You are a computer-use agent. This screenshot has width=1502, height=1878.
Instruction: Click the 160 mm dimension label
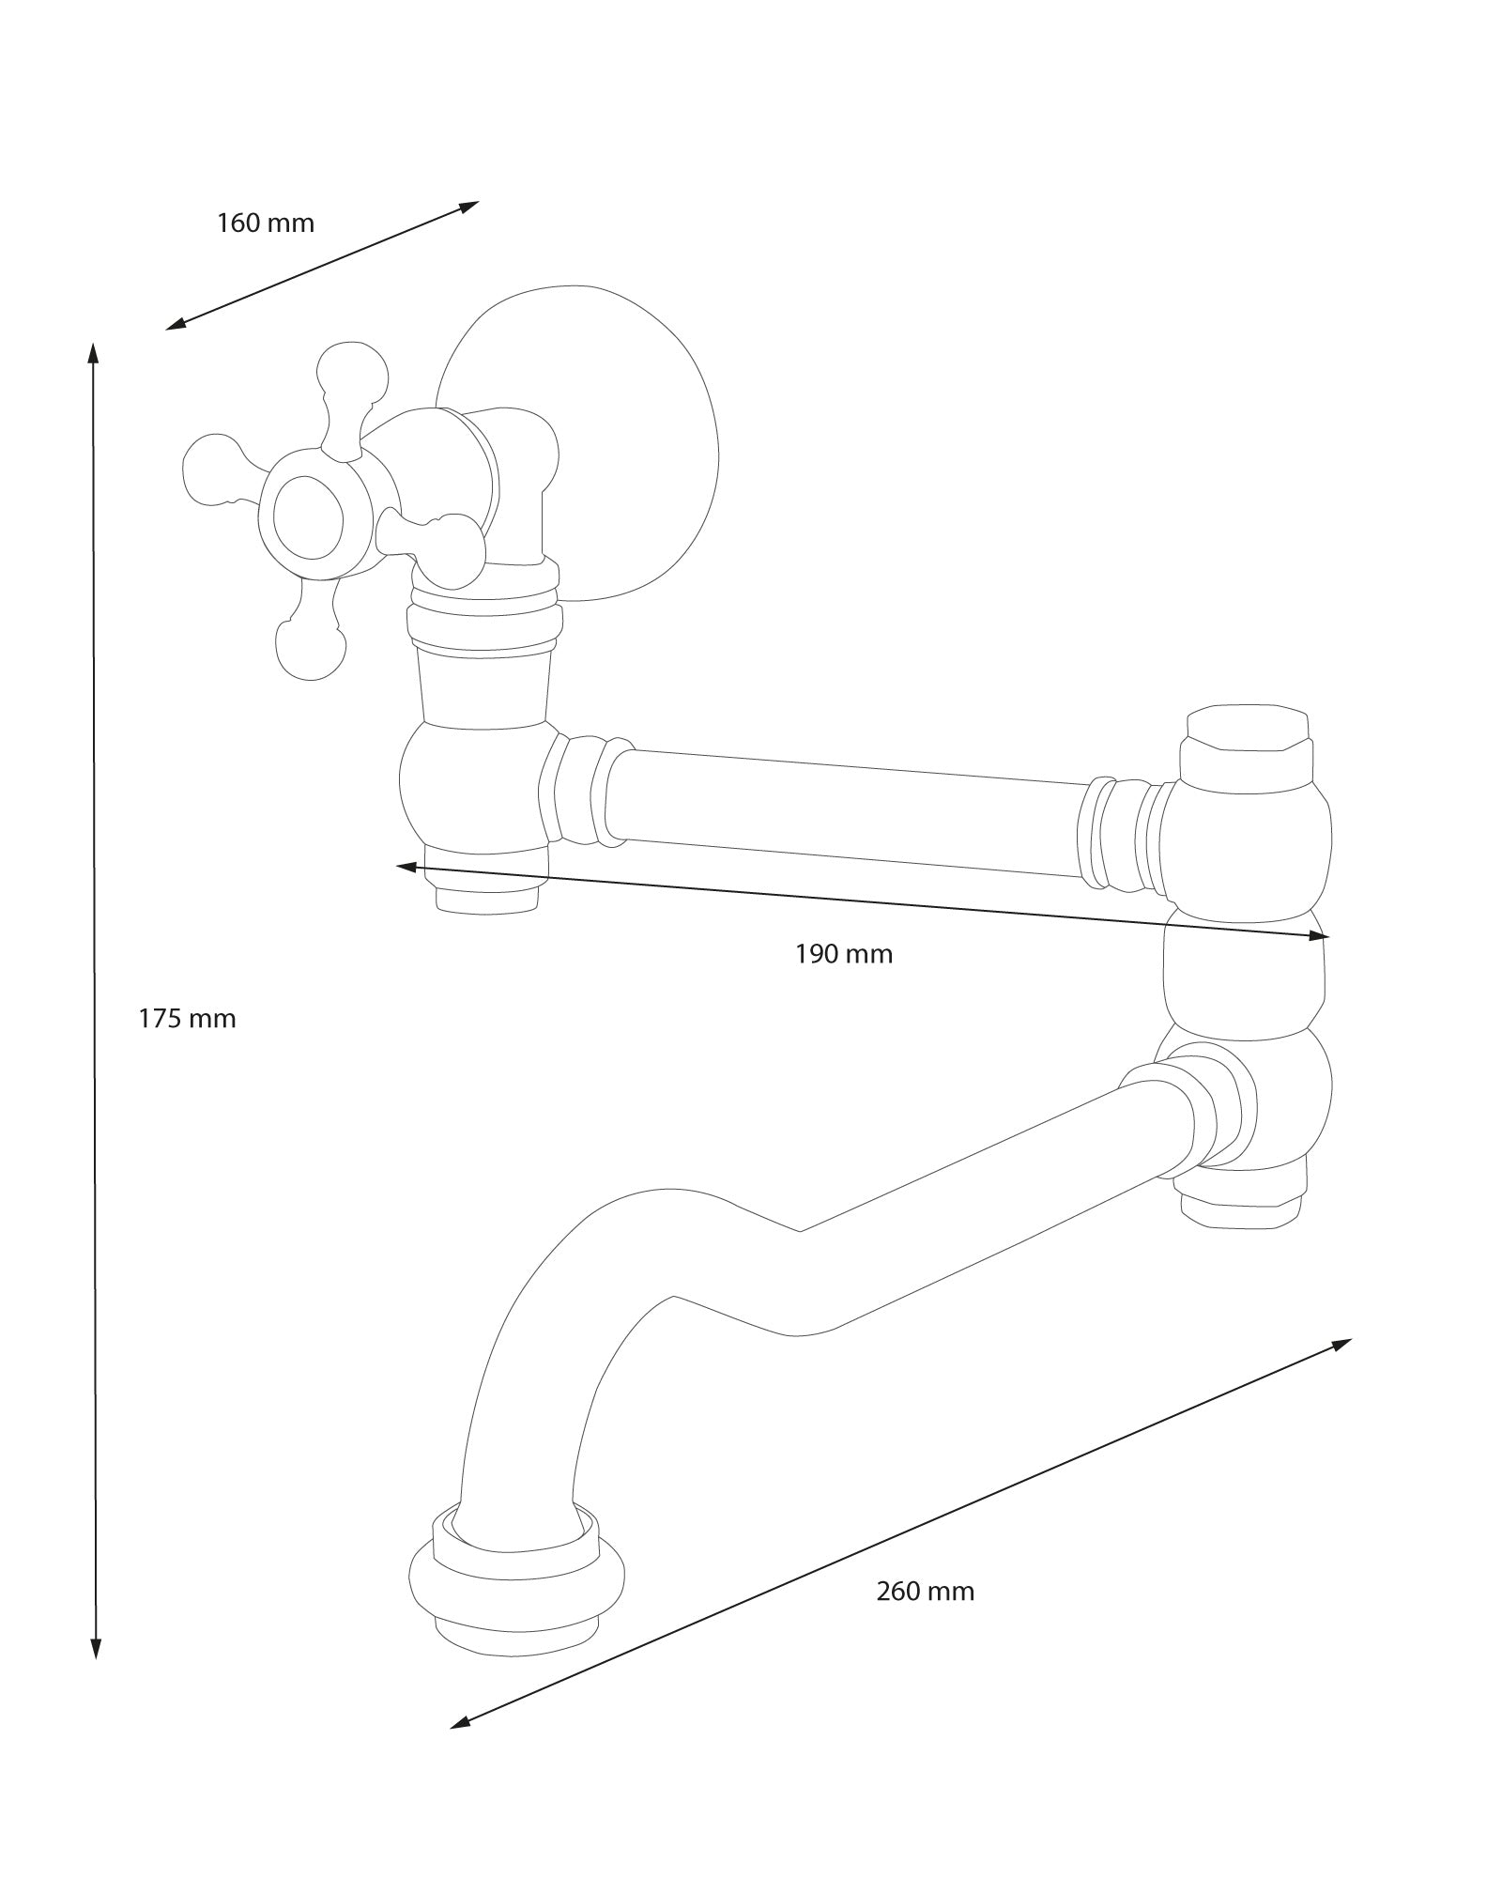click(266, 223)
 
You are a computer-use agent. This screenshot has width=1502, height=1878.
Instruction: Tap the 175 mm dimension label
click(187, 1018)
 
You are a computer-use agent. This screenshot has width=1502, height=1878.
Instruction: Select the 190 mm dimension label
click(844, 954)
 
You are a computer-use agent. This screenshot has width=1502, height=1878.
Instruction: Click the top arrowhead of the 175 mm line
click(93, 353)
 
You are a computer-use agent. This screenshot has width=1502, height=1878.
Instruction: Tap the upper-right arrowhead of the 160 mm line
click(469, 206)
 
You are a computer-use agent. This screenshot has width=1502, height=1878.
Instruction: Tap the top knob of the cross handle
click(352, 371)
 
